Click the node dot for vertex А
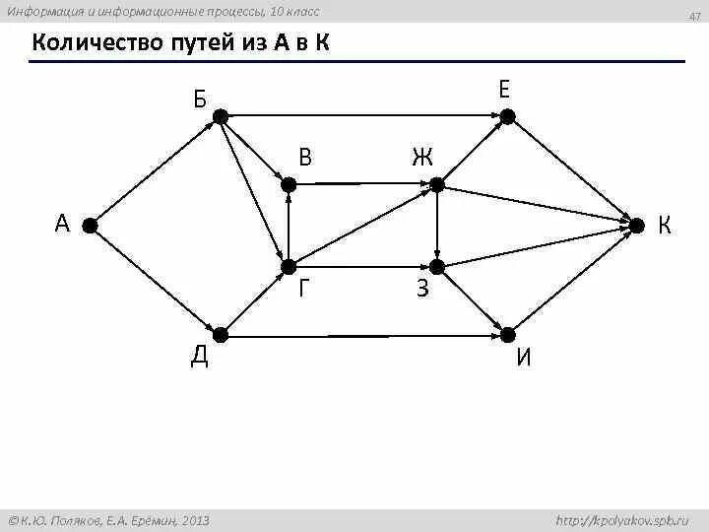[x=90, y=226]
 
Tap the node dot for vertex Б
[x=221, y=116]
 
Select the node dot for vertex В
[x=288, y=183]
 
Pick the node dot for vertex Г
[x=288, y=267]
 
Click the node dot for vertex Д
[x=221, y=336]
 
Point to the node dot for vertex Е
[x=505, y=116]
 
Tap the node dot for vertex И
[x=505, y=336]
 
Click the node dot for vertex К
[x=636, y=226]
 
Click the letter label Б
[x=200, y=98]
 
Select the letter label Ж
[x=422, y=157]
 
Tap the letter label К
[x=665, y=227]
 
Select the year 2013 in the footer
[x=193, y=519]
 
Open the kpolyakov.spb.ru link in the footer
[x=622, y=519]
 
